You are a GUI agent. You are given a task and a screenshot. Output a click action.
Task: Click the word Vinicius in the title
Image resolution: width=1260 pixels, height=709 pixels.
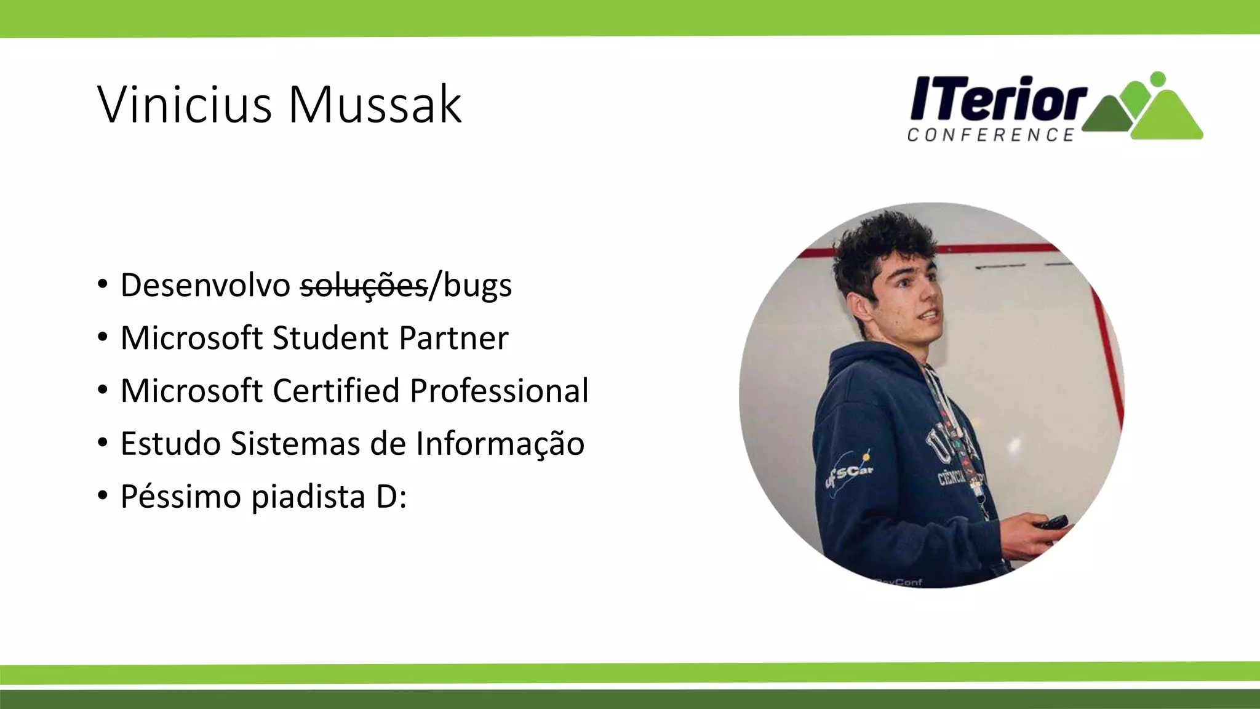(x=185, y=105)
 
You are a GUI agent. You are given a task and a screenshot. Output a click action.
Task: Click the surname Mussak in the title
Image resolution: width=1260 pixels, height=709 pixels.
(x=375, y=105)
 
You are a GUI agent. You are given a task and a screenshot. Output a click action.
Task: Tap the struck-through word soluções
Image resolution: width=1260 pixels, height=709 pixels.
(x=364, y=286)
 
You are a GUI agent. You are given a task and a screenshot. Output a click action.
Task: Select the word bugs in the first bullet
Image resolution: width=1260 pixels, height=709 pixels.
(x=477, y=286)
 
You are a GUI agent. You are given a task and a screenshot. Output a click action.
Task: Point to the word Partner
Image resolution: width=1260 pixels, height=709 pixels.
(x=453, y=338)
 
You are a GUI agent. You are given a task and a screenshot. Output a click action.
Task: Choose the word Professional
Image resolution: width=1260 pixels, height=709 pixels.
(x=499, y=391)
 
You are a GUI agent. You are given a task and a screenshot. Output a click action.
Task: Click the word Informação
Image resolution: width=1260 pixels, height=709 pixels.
(x=500, y=444)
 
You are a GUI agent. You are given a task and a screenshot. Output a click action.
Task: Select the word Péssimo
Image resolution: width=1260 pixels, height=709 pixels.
(x=181, y=497)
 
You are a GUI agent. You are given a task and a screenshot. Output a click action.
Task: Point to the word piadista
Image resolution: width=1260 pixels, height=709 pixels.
(x=308, y=497)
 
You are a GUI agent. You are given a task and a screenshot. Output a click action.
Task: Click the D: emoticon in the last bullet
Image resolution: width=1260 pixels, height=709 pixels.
(x=391, y=497)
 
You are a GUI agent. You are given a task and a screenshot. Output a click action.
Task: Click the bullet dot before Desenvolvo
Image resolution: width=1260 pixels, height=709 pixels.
(x=103, y=285)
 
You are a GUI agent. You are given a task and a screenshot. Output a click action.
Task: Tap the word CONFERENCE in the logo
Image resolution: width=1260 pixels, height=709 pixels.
(x=991, y=135)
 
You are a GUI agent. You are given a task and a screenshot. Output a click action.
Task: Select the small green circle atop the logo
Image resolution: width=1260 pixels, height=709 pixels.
(x=1157, y=79)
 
